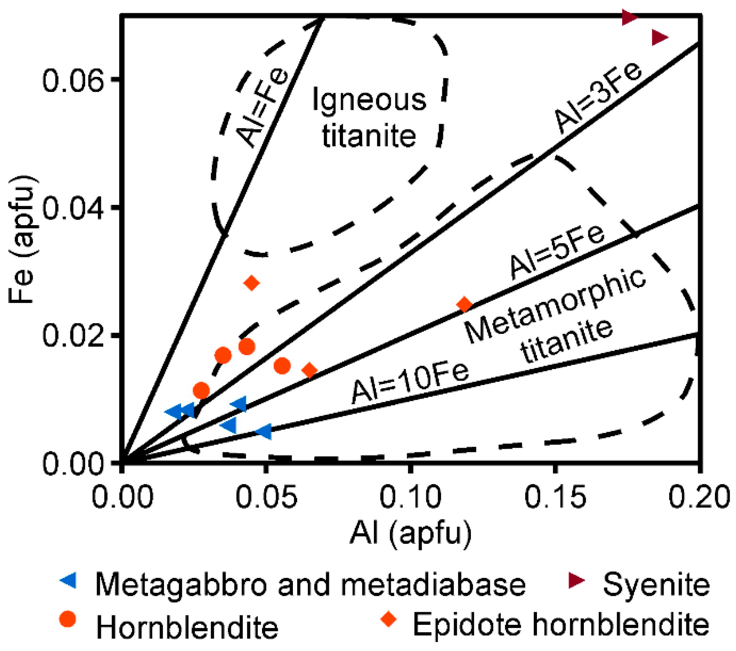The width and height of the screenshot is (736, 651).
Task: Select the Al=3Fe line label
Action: pyautogui.click(x=597, y=98)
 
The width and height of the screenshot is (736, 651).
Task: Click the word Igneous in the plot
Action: pyautogui.click(x=369, y=100)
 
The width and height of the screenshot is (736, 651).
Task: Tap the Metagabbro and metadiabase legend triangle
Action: pyautogui.click(x=68, y=582)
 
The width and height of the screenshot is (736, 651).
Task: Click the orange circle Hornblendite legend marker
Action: pyautogui.click(x=68, y=619)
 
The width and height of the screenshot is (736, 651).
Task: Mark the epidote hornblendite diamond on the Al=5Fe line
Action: pyautogui.click(x=465, y=304)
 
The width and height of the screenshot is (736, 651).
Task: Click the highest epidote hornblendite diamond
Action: pyautogui.click(x=252, y=283)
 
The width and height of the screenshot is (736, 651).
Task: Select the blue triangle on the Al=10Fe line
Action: pyautogui.click(x=264, y=432)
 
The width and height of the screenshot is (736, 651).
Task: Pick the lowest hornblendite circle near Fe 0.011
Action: pyautogui.click(x=201, y=390)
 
